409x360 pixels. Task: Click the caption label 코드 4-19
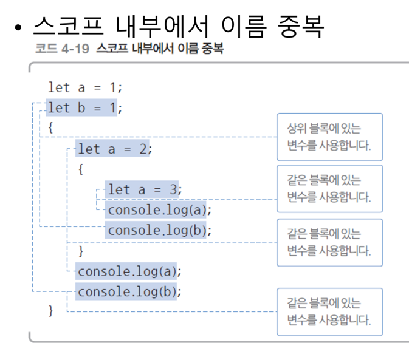[x=60, y=49]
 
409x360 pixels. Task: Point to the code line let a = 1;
[x=85, y=87]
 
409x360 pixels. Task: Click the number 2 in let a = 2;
[x=143, y=149]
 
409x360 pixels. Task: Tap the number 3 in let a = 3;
[x=173, y=190]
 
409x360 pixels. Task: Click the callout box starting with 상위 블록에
[x=329, y=137]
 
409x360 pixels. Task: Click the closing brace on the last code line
[x=51, y=310]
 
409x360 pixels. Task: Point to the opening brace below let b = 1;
[x=51, y=128]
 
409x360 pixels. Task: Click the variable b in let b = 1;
[x=81, y=108]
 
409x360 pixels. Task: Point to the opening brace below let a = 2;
[x=81, y=169]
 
